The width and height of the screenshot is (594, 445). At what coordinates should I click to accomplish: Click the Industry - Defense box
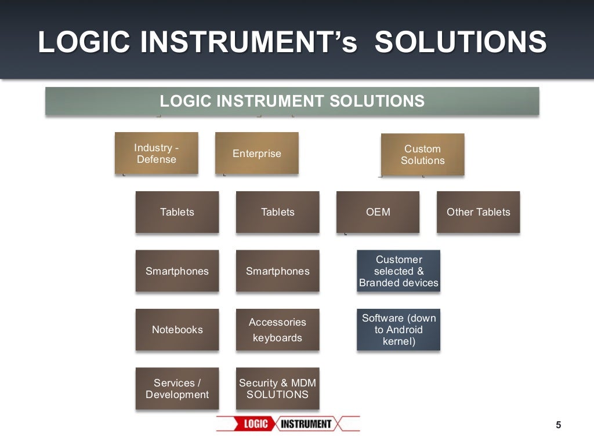tap(157, 154)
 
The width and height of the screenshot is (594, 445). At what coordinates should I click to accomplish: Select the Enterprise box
tap(256, 154)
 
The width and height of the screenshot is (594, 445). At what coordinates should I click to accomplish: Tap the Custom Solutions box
tap(422, 155)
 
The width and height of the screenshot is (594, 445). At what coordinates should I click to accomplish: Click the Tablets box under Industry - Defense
tap(177, 212)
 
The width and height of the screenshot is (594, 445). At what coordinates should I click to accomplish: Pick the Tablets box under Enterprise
tap(277, 212)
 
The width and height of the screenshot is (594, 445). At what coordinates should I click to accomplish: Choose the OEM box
tap(378, 212)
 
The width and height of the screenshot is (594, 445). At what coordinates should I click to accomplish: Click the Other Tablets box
tap(478, 212)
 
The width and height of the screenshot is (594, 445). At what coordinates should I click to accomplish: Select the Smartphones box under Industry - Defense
tap(177, 271)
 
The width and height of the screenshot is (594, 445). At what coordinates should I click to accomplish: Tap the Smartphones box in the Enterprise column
tap(277, 271)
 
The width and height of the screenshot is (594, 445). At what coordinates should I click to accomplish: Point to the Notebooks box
tap(177, 330)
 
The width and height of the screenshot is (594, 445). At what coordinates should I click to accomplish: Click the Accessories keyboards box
tap(277, 330)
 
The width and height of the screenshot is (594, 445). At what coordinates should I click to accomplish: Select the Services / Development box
tap(177, 389)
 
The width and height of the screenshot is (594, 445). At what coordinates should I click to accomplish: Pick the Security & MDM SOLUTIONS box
tap(277, 389)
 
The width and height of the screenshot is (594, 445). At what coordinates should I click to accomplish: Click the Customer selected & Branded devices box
tap(399, 271)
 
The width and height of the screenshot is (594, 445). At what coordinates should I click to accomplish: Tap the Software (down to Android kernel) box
tap(399, 330)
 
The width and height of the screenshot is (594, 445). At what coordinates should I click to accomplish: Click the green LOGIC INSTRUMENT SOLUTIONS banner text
tap(292, 101)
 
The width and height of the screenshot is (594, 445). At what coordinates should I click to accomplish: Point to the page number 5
tap(558, 425)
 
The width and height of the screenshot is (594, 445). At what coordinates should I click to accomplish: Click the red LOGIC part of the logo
tap(255, 424)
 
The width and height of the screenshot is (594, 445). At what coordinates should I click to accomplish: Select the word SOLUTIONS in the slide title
tap(461, 42)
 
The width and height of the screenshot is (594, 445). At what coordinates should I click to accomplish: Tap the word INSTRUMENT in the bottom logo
tap(306, 424)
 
